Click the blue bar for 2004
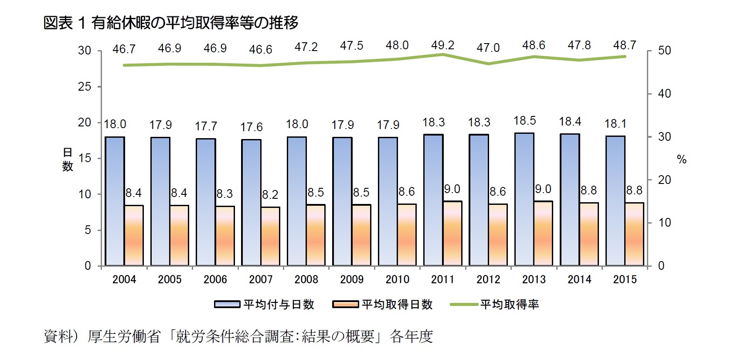pos(115,201)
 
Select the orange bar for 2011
pos(452,233)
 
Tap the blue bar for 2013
pos(524,199)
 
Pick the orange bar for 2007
pos(270,236)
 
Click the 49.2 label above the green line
pos(442,45)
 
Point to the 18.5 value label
pos(524,121)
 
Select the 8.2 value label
pos(270,194)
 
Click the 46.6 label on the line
pos(261,50)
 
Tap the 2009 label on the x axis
pos(352,279)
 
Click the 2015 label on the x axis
pos(625,279)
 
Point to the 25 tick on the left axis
pos(85,87)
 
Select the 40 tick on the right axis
pos(664,94)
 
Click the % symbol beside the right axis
pos(682,160)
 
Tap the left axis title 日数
pos(68,159)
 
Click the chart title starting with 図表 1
pos(171,23)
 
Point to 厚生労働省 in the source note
pos(124,336)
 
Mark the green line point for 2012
pos(488,64)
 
